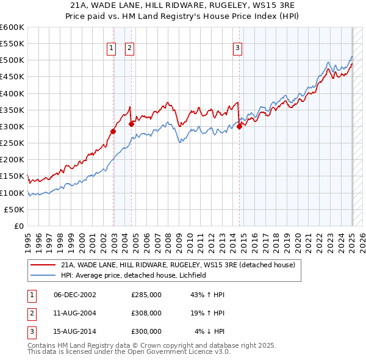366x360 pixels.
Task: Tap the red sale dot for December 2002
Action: (113, 131)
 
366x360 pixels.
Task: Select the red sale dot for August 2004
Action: (131, 124)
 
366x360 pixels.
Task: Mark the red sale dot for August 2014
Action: (239, 126)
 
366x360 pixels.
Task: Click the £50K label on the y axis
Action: (14, 209)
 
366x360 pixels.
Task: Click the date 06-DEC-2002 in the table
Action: (75, 295)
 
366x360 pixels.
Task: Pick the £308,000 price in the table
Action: (146, 313)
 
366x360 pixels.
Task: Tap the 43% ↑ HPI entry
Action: (208, 295)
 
